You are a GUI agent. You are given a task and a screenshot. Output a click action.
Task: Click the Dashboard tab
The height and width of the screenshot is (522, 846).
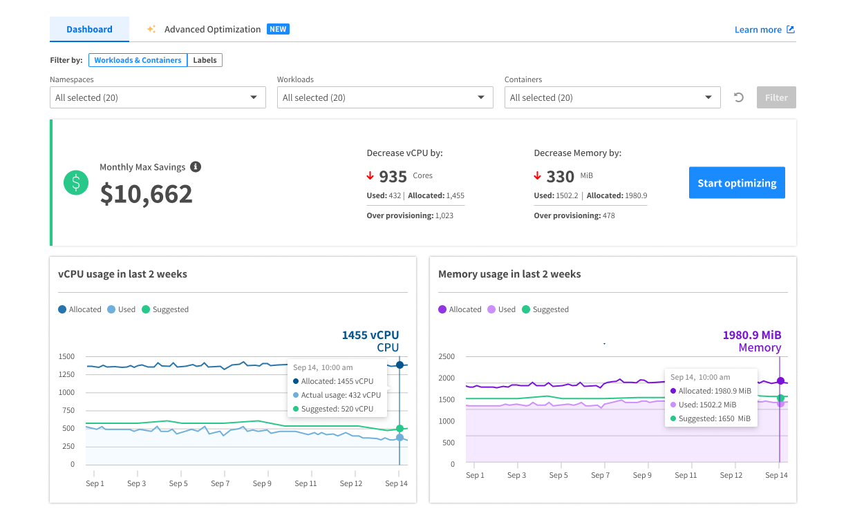click(89, 30)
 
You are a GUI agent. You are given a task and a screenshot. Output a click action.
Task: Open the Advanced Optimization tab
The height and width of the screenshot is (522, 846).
click(212, 30)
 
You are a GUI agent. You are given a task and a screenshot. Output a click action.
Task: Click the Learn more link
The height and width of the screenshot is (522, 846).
click(764, 30)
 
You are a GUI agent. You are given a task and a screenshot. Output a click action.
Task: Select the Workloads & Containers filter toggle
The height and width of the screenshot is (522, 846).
click(138, 60)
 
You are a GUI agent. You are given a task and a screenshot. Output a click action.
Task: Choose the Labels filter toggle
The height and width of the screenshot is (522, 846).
click(205, 60)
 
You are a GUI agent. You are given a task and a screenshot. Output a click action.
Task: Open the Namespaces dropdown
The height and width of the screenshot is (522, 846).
click(158, 97)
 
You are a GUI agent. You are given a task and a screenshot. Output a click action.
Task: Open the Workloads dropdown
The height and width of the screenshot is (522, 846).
click(385, 97)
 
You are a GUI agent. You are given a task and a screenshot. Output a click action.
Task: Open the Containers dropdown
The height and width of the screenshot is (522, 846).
click(612, 97)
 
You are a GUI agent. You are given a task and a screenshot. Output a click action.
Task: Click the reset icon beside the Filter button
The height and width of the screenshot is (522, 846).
click(738, 97)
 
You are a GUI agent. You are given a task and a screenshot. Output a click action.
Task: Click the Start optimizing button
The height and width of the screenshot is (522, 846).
click(737, 183)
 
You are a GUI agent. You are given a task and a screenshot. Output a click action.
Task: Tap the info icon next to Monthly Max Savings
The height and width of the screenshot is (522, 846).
click(196, 167)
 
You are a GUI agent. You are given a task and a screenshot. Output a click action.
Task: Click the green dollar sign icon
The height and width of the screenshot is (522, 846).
click(76, 182)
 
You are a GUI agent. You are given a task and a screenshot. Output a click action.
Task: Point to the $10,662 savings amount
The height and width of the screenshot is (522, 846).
click(147, 194)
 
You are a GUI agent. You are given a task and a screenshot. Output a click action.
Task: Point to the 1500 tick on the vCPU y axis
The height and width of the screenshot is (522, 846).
click(67, 356)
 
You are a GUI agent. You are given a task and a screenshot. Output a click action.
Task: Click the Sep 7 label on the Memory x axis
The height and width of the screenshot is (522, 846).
click(600, 475)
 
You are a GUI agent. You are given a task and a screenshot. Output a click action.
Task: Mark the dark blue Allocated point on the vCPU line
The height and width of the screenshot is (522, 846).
click(399, 365)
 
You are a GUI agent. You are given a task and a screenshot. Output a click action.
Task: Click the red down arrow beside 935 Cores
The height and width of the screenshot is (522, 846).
click(370, 175)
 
